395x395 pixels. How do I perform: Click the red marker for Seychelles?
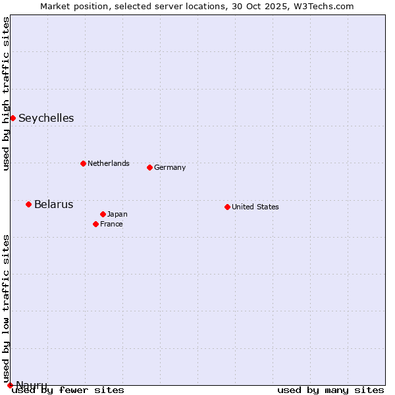coord(13,118)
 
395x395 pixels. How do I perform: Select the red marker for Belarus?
coord(28,204)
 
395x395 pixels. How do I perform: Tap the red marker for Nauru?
coord(10,385)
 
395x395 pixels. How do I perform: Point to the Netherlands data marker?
coord(83,163)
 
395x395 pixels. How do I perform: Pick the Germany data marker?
coord(149,167)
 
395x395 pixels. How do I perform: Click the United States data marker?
coord(227,207)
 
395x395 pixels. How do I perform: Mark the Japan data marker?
coord(103,214)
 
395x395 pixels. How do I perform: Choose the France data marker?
coord(95,224)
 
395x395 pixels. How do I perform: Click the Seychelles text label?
coord(46,118)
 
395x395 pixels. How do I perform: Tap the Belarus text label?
coord(53,204)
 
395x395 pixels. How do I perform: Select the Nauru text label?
coord(31,384)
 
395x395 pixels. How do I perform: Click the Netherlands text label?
coord(109,163)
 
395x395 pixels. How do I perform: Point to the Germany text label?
coord(170,167)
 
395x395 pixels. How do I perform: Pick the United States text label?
coord(255,207)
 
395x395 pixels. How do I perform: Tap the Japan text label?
coord(117,214)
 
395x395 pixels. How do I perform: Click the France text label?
coord(111,224)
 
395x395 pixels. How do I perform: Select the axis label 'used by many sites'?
coord(330,390)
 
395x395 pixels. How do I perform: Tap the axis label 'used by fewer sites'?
coord(68,390)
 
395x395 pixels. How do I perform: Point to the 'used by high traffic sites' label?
coord(6,93)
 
